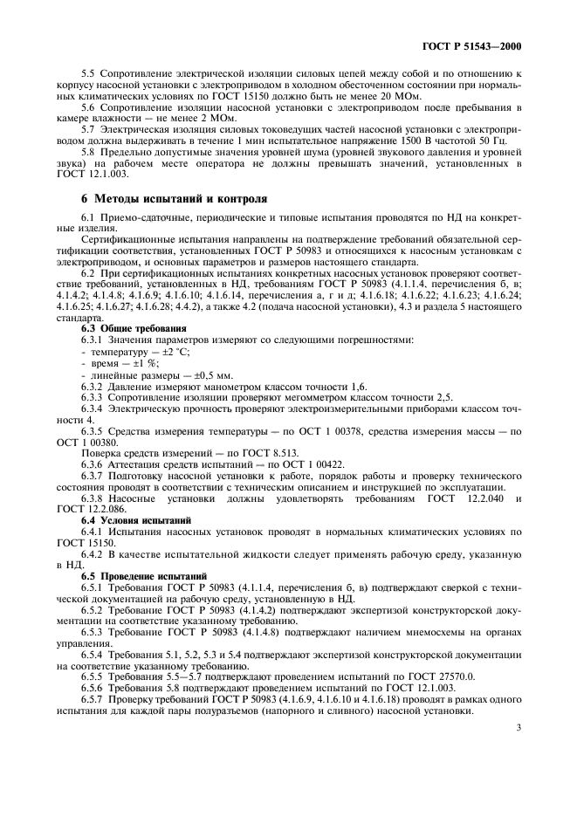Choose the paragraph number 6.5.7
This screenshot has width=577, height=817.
[x=95, y=700]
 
